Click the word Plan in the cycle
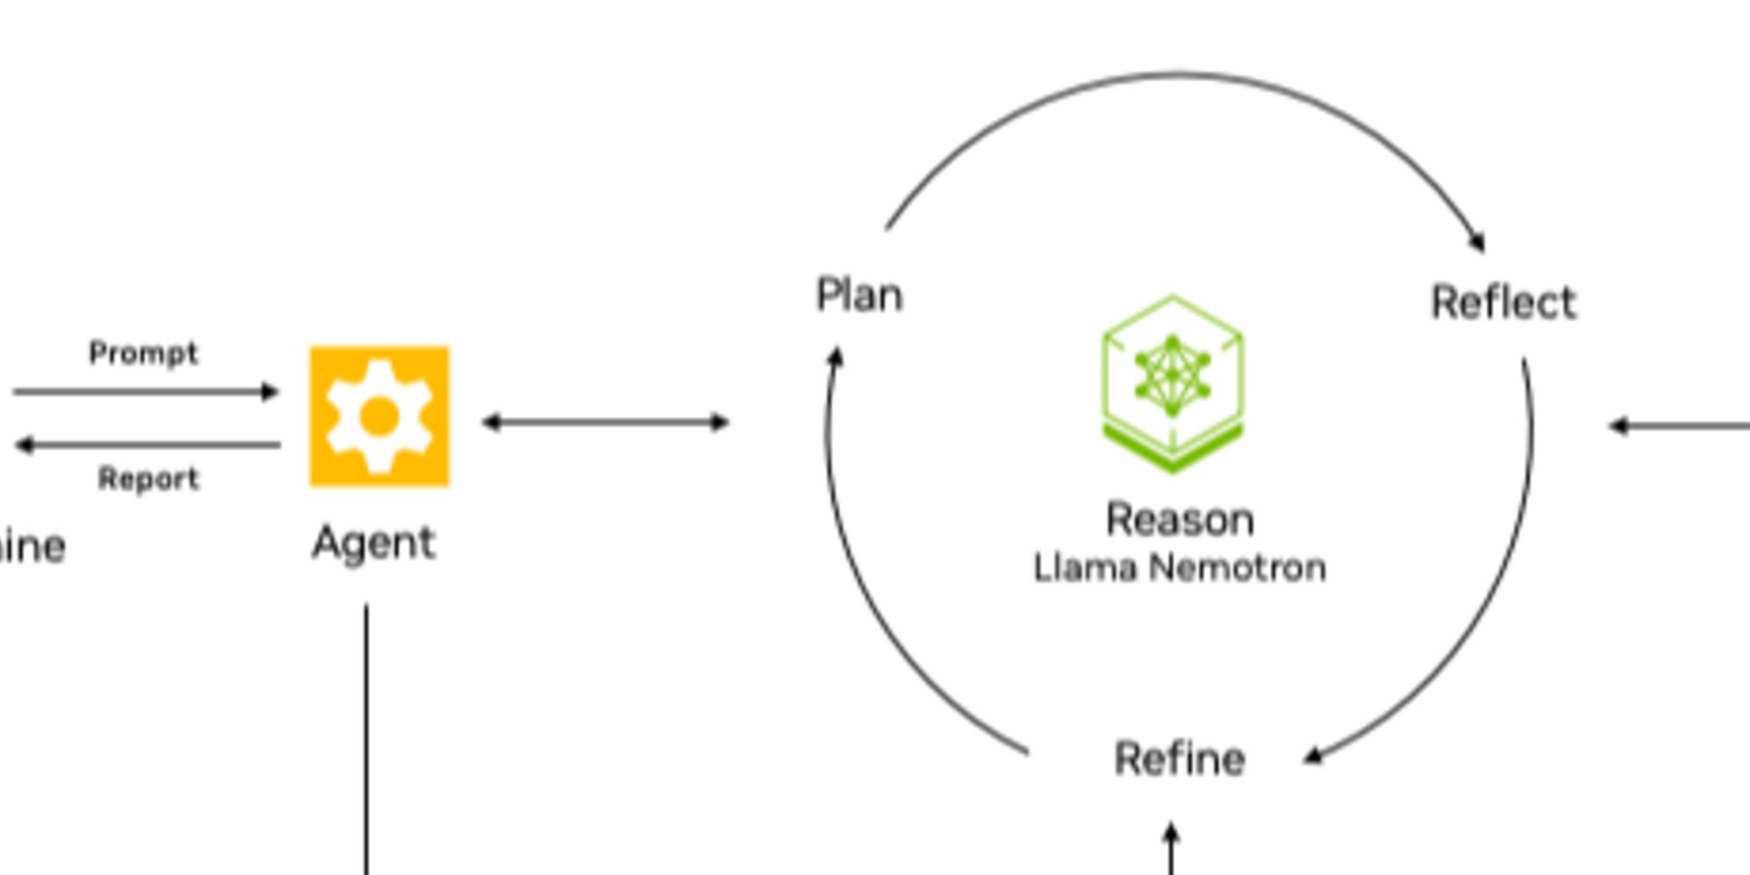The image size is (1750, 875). click(859, 296)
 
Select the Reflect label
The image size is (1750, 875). click(1503, 303)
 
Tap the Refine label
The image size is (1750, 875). click(1179, 759)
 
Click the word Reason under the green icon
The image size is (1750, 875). click(1179, 520)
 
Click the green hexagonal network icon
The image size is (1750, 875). click(1172, 383)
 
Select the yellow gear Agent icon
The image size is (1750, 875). click(380, 416)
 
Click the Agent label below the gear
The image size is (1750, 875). click(374, 543)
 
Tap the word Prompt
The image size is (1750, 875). click(143, 353)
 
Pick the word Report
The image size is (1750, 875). click(149, 479)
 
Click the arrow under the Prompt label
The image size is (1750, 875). click(145, 391)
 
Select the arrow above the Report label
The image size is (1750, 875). click(149, 444)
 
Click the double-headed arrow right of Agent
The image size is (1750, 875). click(605, 423)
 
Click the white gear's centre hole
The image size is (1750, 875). click(378, 416)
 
